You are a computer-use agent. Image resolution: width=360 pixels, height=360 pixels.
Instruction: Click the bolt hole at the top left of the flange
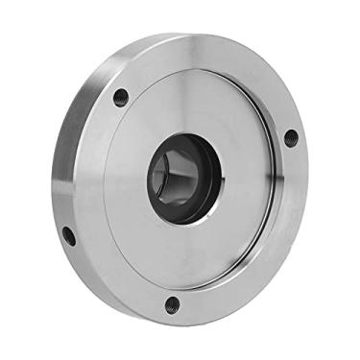coord(121,97)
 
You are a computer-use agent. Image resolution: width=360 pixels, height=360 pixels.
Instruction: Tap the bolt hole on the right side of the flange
coord(291,137)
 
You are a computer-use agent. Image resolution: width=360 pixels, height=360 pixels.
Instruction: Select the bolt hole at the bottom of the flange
coord(172,305)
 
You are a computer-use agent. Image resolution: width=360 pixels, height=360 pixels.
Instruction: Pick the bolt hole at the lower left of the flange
coord(69,235)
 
